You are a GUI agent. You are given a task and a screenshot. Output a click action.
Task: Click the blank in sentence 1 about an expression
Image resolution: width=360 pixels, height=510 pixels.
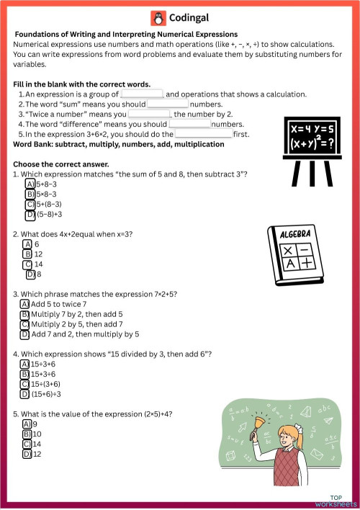tap(142, 94)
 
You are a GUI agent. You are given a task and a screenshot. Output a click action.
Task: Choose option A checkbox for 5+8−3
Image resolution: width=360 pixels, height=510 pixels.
tap(30, 184)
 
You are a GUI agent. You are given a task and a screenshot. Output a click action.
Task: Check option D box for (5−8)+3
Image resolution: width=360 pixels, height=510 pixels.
tap(30, 214)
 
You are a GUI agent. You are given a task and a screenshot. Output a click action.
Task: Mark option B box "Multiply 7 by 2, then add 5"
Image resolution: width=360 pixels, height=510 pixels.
tap(24, 315)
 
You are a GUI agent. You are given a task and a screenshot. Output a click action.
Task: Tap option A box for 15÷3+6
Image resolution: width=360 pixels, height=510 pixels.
tap(24, 364)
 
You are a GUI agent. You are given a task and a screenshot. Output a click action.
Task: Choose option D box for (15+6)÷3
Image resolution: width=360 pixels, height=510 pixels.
tap(24, 394)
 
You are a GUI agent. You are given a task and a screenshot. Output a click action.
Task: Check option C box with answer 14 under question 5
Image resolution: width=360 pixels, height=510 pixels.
tap(27, 444)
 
